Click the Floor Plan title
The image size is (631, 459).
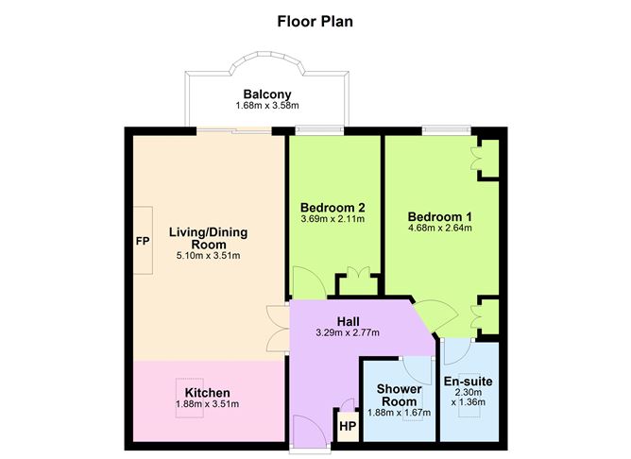click(315, 20)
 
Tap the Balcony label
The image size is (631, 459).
click(267, 93)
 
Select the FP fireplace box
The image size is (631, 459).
click(143, 240)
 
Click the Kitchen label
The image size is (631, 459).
click(207, 393)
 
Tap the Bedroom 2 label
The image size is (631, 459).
click(333, 208)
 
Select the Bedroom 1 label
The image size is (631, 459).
click(440, 215)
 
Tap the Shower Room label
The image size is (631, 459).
click(399, 395)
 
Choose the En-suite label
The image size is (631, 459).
click(468, 382)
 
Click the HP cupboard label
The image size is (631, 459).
click(348, 426)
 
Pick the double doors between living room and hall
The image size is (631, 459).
click(277, 327)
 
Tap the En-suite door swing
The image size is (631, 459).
click(454, 352)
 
